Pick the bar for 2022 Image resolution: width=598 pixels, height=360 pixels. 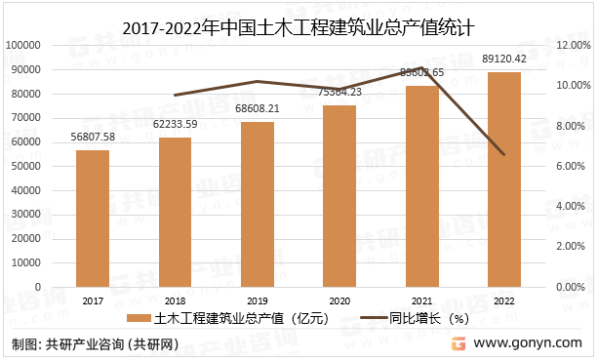503,180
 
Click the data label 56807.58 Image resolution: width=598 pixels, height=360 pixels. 94,137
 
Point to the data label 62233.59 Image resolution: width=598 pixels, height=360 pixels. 176,124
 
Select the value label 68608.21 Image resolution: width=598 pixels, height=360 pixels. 258,108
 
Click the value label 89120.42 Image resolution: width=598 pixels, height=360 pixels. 503,59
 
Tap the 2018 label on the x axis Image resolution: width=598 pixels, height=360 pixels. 176,301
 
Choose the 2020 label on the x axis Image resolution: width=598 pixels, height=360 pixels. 339,301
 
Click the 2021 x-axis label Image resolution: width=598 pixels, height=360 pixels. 421,301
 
